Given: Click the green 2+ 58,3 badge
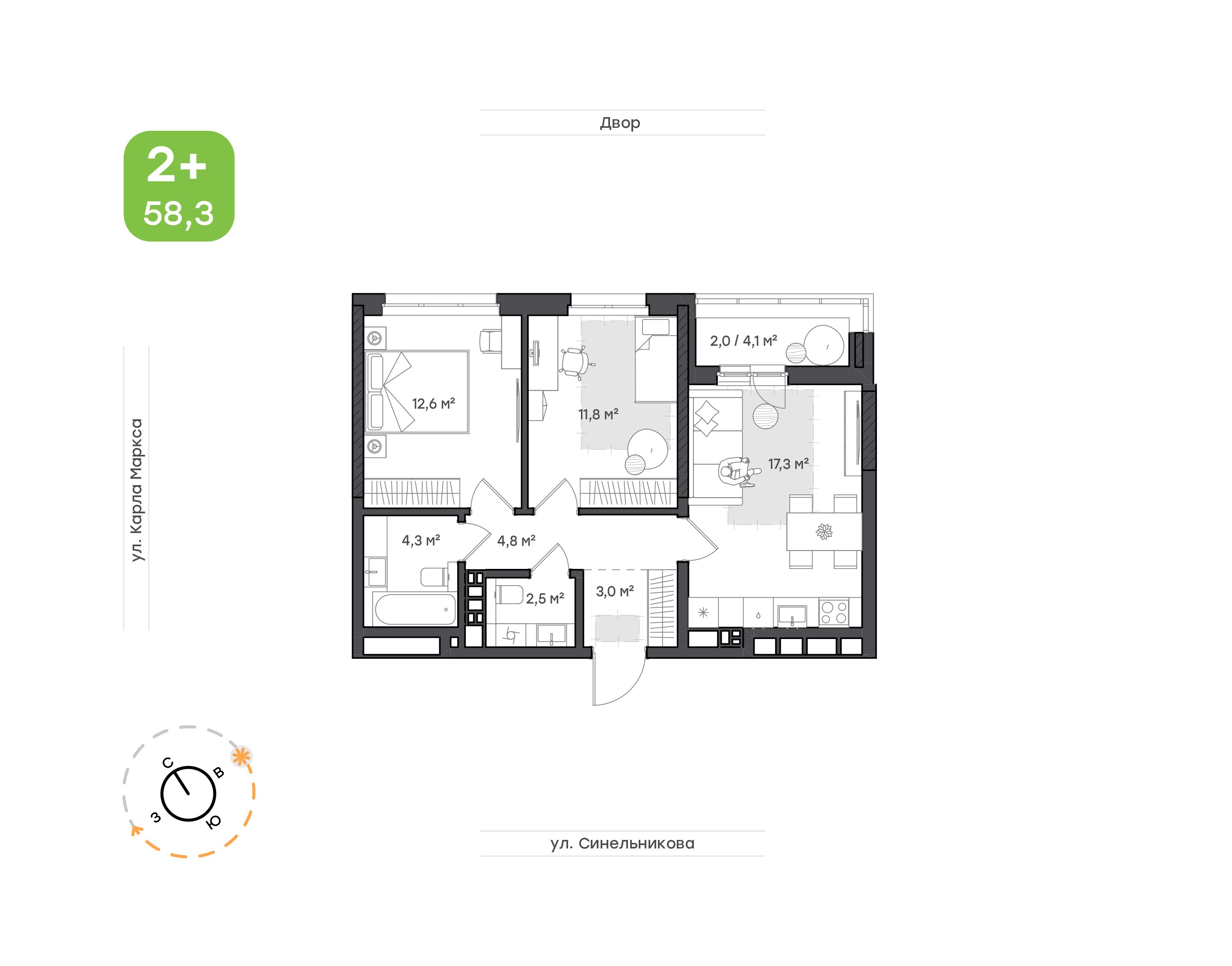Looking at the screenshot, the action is [x=179, y=186].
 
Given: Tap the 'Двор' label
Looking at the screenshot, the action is [x=620, y=123].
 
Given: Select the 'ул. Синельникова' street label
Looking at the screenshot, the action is [x=622, y=843].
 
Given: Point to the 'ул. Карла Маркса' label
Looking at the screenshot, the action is [x=136, y=490].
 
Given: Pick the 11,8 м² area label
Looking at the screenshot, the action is [x=598, y=414].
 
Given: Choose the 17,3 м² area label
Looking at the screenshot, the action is [x=788, y=464].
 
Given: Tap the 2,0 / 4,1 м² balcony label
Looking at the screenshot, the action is [x=743, y=341].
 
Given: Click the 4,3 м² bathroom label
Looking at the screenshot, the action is [x=421, y=540].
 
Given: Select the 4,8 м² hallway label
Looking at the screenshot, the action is [x=516, y=541].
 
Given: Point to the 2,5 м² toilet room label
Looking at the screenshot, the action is [x=545, y=598].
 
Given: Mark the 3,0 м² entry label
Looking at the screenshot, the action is [x=615, y=591].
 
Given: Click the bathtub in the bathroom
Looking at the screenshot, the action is [x=415, y=609].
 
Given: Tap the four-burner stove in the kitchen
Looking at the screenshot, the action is [x=834, y=613].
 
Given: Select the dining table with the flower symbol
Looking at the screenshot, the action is [x=824, y=532].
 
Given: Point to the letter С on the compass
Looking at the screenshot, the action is [x=168, y=763].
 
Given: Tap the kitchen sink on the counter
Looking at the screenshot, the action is [x=792, y=614].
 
